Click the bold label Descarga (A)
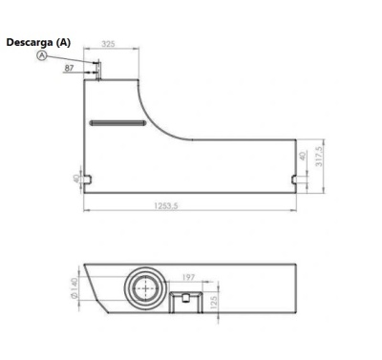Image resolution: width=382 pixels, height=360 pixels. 38,42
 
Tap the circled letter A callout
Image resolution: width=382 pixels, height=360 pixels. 42,55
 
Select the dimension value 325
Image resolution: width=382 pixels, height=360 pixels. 109,45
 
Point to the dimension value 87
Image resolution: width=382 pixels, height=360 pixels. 70,68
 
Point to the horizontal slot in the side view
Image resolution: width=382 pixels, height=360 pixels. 115,122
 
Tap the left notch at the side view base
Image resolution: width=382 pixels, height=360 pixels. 89,179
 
